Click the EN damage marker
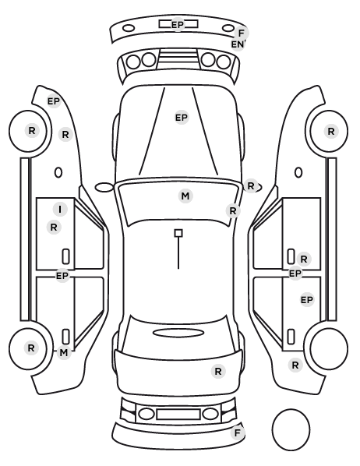point(238,44)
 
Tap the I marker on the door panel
point(60,210)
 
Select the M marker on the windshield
point(185,196)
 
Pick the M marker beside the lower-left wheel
point(64,353)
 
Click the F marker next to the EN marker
point(242,33)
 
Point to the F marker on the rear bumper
point(237,433)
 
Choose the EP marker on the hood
point(182,118)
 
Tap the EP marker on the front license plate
point(178,25)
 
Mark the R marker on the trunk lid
point(218,371)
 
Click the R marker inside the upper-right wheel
point(331,132)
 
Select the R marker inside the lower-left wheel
point(31,348)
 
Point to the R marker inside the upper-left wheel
point(32,130)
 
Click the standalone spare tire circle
point(291,430)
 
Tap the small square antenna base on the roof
point(178,233)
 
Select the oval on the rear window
point(178,333)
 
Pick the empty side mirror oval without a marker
point(104,187)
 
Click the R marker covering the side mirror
point(251,186)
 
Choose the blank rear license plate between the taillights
point(178,415)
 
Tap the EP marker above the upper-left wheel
point(54,101)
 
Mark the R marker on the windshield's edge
point(233,211)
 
